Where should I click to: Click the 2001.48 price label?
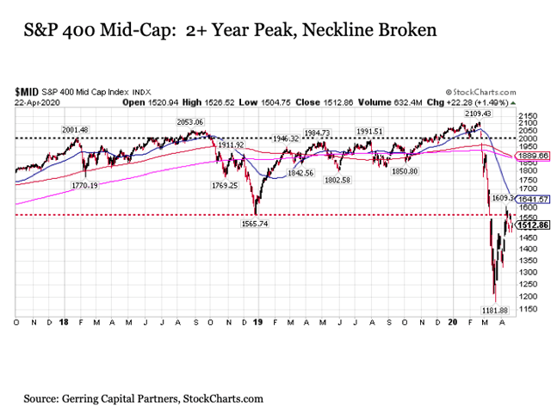[74, 129]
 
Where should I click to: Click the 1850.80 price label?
[404, 172]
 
